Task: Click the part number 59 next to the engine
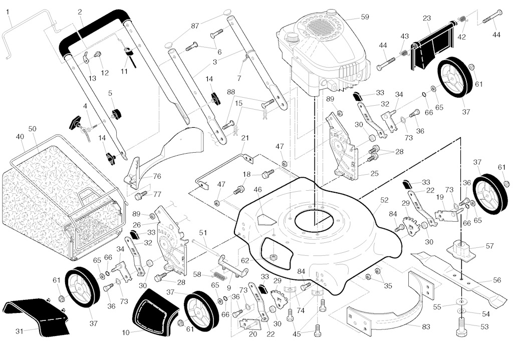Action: tap(364, 17)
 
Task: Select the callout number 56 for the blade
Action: tap(496, 280)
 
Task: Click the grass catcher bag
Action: tap(55, 200)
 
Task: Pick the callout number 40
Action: tap(20, 137)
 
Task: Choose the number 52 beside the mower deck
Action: tap(384, 200)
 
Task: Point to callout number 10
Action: tap(125, 331)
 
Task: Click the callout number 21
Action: tap(245, 138)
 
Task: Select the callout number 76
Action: tap(157, 176)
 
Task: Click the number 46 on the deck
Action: tap(258, 190)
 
